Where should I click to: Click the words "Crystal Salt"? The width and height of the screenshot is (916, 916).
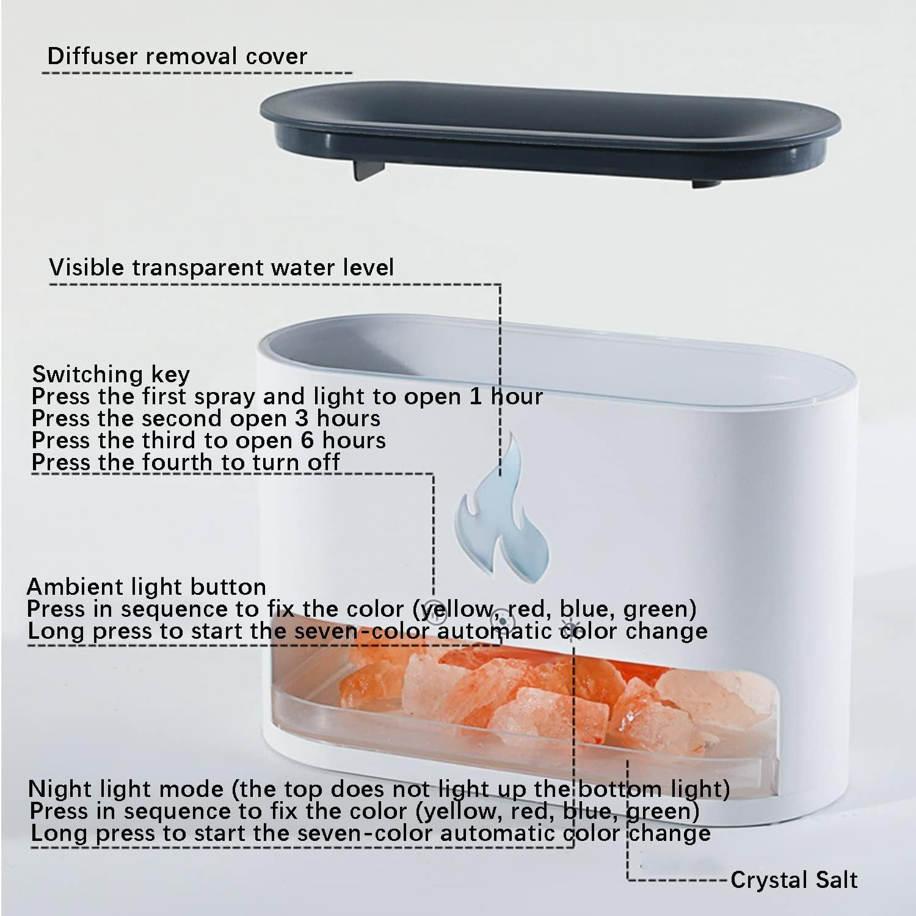click(794, 880)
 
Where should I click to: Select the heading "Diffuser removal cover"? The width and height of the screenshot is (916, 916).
click(177, 56)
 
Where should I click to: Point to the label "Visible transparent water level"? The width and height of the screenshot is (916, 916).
click(221, 267)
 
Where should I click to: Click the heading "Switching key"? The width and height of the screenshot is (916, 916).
click(111, 374)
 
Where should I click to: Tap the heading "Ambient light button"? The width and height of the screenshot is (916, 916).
click(147, 587)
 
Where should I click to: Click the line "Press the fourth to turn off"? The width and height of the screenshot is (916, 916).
click(186, 462)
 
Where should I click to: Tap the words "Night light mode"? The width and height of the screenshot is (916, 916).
click(125, 789)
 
